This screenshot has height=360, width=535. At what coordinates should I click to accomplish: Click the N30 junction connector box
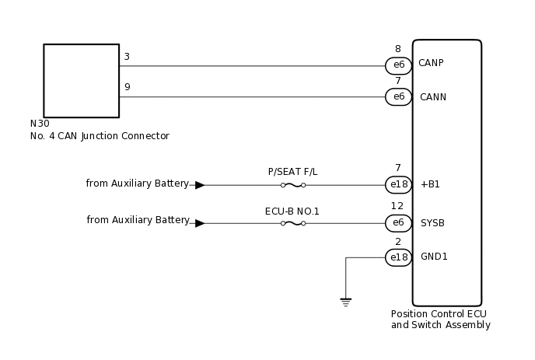tap(81, 81)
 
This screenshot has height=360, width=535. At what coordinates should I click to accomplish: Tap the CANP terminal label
tap(431, 63)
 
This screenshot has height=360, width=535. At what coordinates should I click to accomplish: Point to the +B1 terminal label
tap(430, 184)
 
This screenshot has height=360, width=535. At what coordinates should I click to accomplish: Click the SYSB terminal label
tap(432, 223)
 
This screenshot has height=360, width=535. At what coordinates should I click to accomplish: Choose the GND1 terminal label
tap(434, 257)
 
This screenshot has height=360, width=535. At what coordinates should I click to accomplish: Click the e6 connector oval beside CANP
tap(398, 65)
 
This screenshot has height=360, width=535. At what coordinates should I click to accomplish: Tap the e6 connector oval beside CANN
tap(398, 97)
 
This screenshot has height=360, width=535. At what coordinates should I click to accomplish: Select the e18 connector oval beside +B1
tap(398, 185)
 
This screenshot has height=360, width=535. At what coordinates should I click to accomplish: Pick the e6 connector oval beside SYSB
tap(398, 223)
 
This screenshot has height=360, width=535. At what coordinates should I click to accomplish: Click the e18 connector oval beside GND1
tap(398, 257)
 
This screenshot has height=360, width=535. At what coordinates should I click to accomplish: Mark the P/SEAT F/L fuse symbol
tap(292, 185)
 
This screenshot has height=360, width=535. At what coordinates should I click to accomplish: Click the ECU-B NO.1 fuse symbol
tap(292, 223)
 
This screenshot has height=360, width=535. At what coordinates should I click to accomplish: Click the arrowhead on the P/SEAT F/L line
tap(200, 185)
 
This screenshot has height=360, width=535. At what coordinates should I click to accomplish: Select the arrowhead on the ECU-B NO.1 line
tap(200, 223)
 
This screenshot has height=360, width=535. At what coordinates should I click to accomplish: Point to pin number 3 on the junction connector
tap(127, 57)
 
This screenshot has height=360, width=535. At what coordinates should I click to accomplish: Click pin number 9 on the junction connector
tap(127, 87)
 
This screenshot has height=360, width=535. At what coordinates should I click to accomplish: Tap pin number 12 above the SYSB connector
tap(397, 206)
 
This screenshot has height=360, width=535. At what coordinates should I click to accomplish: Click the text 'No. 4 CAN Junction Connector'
tap(100, 136)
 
